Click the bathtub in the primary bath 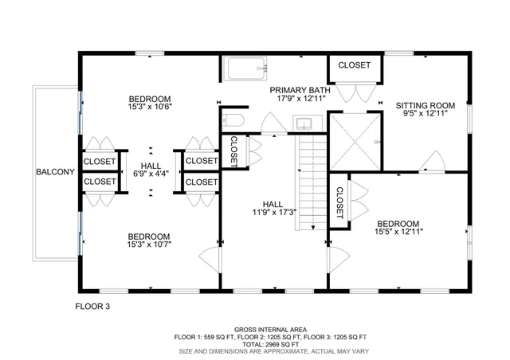[248, 69]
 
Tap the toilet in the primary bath [232, 121]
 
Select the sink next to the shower [304, 123]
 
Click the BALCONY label [55, 172]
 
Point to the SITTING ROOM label [425, 105]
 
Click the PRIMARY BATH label [299, 90]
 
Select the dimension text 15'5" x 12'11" [398, 232]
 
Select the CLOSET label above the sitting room [354, 65]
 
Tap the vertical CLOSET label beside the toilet [234, 151]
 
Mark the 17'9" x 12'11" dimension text [299, 99]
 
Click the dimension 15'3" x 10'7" [151, 245]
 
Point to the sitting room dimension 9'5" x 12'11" [425, 114]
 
